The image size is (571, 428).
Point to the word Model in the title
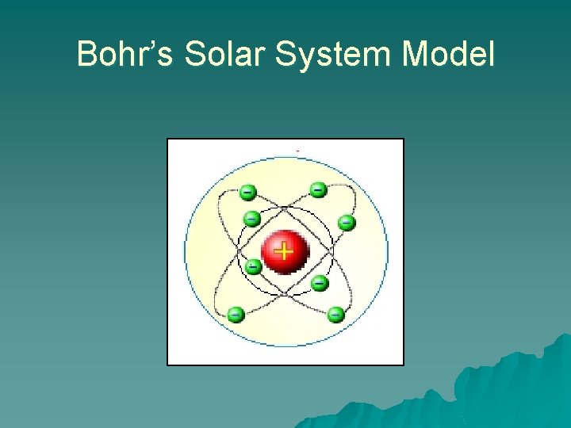pos(449,55)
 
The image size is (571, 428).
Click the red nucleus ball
pos(284,252)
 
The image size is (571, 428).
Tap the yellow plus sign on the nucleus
pos(283,251)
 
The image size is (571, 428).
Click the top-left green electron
pos(248,192)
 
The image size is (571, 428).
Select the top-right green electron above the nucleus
pos(317,189)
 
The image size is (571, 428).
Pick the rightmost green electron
pos(347,223)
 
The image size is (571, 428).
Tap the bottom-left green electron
pos(235,314)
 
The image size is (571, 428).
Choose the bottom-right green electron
pos(335,314)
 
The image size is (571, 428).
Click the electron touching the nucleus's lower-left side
pos(252,267)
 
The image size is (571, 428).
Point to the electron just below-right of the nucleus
pos(320,282)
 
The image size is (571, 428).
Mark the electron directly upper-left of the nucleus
pos(251,218)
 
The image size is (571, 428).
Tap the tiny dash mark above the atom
pos(297,151)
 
